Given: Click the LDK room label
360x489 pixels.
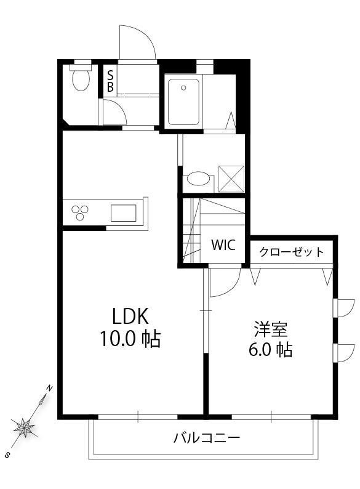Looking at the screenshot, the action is [130, 316].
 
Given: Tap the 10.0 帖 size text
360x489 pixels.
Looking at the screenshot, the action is [130, 339].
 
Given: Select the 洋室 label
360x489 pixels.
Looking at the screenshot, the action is [271, 329].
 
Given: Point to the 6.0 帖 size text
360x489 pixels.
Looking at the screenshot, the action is [270, 349].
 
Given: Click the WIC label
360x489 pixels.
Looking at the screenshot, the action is [223, 245].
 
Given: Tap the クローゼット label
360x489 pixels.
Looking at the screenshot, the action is [292, 252].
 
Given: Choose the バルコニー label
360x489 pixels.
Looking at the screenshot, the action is [207, 438].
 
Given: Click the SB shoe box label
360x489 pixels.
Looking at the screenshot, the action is [110, 81].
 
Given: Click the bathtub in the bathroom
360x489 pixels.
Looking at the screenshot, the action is [183, 102].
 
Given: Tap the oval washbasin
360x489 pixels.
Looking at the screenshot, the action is [198, 179].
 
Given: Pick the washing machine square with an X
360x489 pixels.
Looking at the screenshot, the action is [231, 179].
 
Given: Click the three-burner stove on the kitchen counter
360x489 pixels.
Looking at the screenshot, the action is [80, 212].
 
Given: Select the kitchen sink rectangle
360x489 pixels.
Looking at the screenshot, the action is [124, 213].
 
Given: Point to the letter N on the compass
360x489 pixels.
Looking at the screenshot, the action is [49, 388].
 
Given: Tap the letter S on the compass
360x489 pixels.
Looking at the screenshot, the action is [7, 454].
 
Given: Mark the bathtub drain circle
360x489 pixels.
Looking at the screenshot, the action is [183, 88].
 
